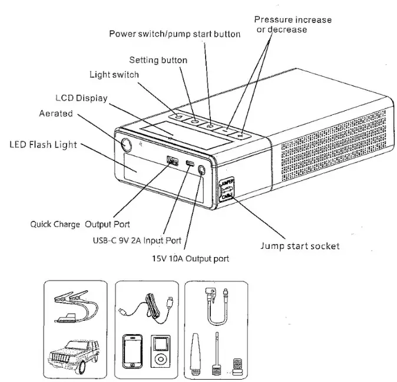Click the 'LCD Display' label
click(x=81, y=98)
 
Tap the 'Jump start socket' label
click(x=300, y=246)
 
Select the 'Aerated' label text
click(x=57, y=114)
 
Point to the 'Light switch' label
click(x=114, y=75)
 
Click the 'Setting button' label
click(x=158, y=60)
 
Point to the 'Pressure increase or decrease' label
click(x=293, y=24)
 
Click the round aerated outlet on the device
click(x=125, y=145)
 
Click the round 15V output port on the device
click(x=203, y=171)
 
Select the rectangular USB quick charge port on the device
click(x=173, y=160)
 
